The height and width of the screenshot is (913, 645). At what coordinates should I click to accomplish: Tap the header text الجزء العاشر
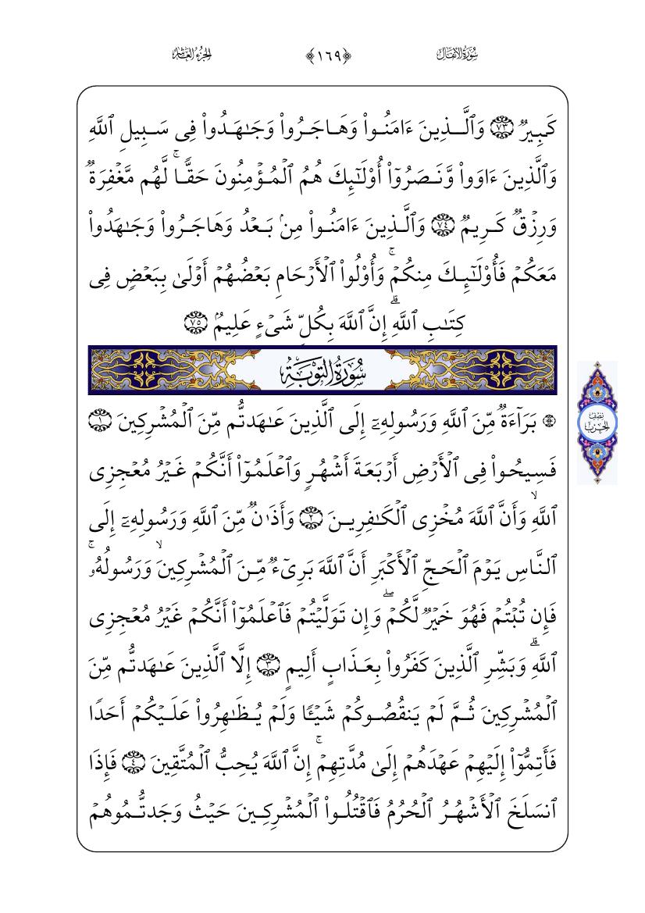pyautogui.click(x=192, y=54)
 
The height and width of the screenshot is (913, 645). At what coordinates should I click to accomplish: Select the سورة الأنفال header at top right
pyautogui.click(x=455, y=54)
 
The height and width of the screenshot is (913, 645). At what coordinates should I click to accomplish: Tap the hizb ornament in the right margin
pyautogui.click(x=597, y=423)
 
